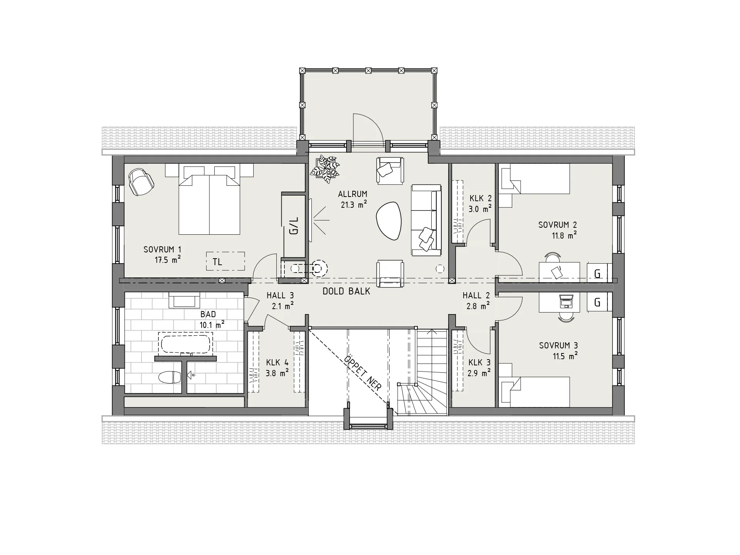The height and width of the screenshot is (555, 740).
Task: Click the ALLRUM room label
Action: pyautogui.click(x=352, y=194)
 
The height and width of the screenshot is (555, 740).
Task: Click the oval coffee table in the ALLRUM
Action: pyautogui.click(x=388, y=222)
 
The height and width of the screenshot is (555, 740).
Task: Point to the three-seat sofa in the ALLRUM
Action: pyautogui.click(x=426, y=220)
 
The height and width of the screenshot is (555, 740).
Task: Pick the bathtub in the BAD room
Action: pyautogui.click(x=185, y=345)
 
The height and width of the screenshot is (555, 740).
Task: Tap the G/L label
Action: pyautogui.click(x=294, y=226)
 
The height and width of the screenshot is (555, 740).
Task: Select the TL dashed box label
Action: pyautogui.click(x=217, y=262)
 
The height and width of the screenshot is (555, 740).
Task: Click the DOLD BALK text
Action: pyautogui.click(x=346, y=291)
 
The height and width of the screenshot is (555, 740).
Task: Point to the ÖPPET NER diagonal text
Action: pyautogui.click(x=362, y=373)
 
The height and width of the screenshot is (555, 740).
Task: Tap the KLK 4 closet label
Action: pyautogui.click(x=277, y=363)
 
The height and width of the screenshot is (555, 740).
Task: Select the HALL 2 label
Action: pyautogui.click(x=476, y=296)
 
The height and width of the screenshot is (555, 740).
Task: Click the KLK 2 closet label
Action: pyautogui.click(x=480, y=198)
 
